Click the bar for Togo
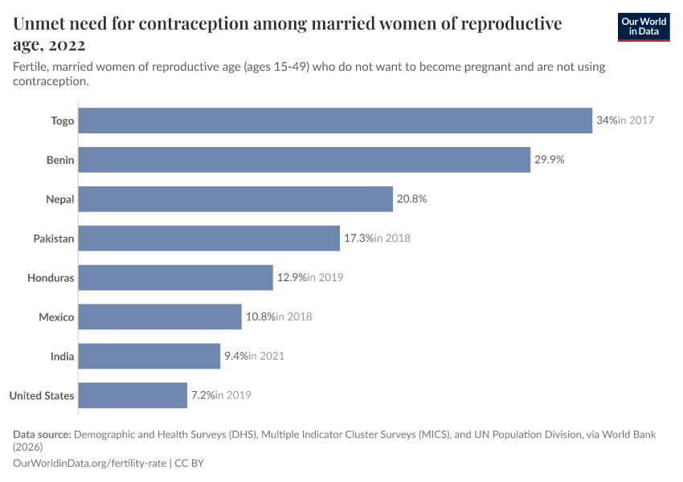(x=335, y=120)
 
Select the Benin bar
(x=305, y=160)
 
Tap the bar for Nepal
(x=235, y=199)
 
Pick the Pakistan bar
(x=209, y=238)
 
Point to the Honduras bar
(x=176, y=277)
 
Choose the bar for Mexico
(x=160, y=317)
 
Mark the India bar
(x=149, y=356)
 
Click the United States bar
(x=133, y=395)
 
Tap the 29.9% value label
(x=550, y=160)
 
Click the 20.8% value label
(x=411, y=199)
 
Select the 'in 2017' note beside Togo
(x=636, y=120)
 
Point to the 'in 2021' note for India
(x=266, y=356)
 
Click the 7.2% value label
(x=202, y=395)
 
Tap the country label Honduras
(x=51, y=278)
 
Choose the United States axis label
(x=42, y=395)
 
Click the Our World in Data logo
(x=644, y=27)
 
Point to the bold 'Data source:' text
(x=42, y=435)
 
